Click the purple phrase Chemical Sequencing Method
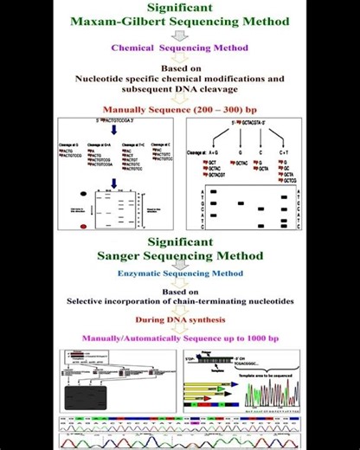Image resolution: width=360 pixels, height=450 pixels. click(179, 48)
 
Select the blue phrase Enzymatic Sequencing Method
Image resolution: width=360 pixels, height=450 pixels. click(179, 273)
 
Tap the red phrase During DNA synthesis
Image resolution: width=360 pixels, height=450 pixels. click(179, 321)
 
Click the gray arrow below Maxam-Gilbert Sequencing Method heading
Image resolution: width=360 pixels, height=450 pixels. click(179, 35)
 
